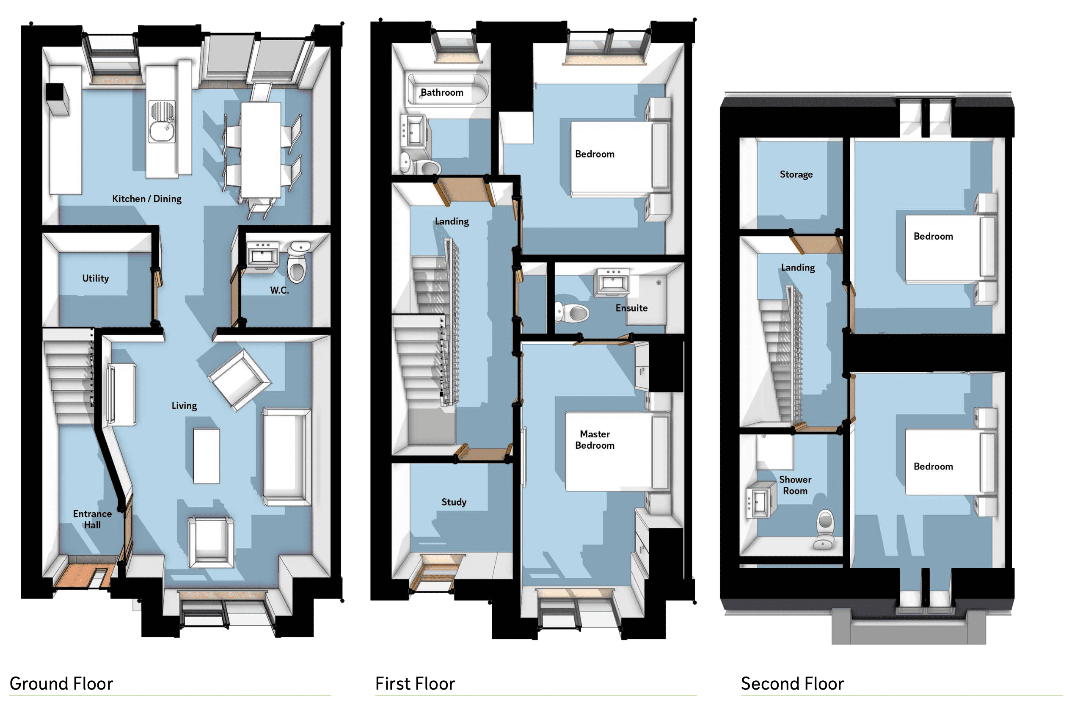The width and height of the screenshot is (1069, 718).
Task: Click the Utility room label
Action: click(x=96, y=279)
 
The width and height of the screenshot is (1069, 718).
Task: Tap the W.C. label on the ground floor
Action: click(x=279, y=290)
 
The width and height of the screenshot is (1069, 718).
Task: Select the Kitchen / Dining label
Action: click(x=147, y=199)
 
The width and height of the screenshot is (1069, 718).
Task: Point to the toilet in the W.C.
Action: click(x=297, y=263)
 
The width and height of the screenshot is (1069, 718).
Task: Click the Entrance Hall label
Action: click(x=92, y=519)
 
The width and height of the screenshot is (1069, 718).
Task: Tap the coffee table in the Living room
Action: click(x=207, y=456)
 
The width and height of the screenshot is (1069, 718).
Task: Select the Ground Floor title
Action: click(x=61, y=684)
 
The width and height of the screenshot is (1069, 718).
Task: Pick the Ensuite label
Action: click(x=631, y=308)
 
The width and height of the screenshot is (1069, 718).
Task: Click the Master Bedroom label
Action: click(x=595, y=439)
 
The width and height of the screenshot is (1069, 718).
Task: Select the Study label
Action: click(x=454, y=503)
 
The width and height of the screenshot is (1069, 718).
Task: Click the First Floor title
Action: click(x=415, y=684)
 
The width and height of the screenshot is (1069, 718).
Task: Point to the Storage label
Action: click(x=796, y=174)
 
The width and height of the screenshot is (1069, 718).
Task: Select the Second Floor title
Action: click(x=793, y=684)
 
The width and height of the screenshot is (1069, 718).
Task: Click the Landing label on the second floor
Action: click(x=798, y=268)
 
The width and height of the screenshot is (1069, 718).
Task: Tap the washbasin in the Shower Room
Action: click(x=760, y=500)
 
